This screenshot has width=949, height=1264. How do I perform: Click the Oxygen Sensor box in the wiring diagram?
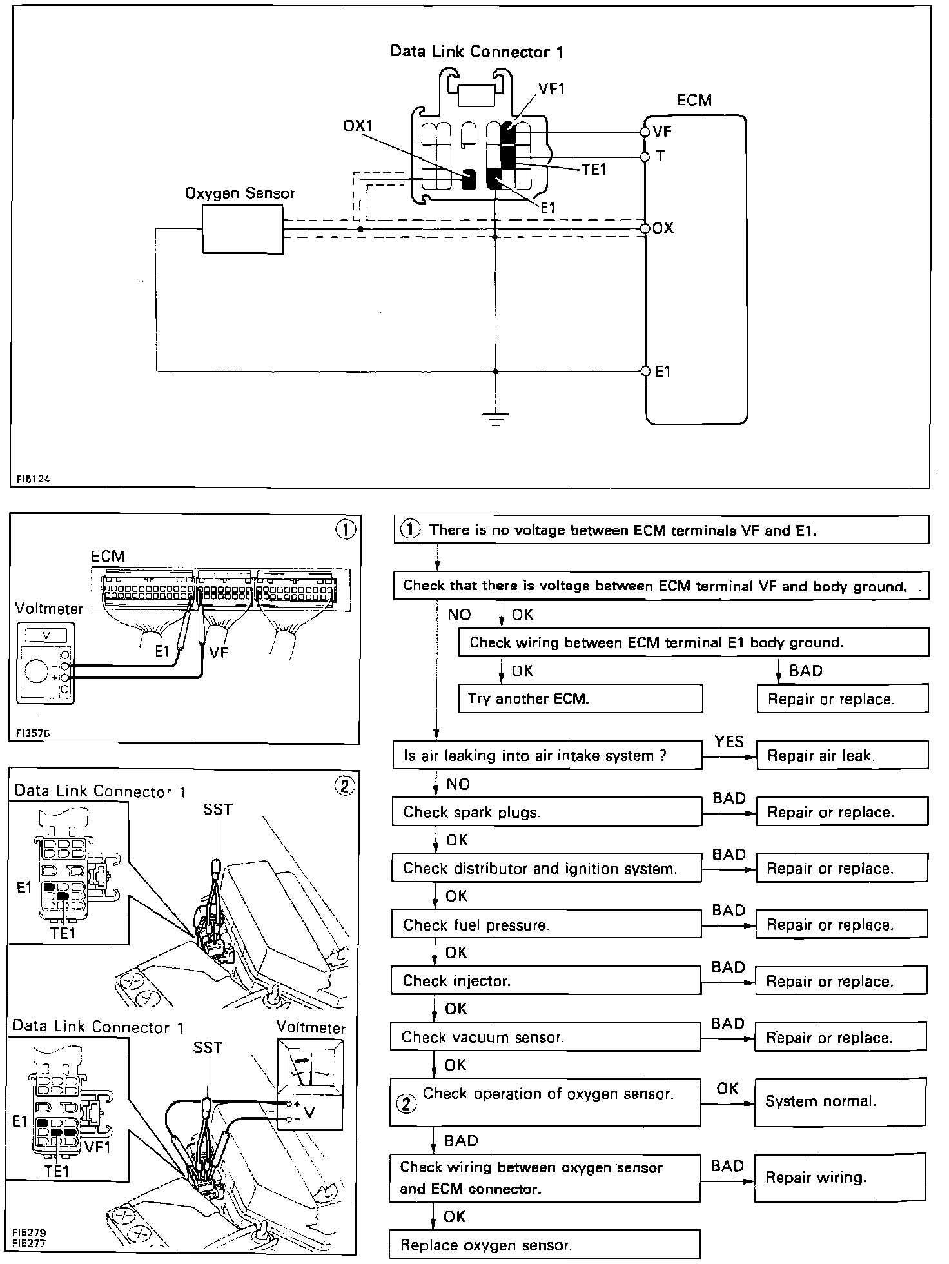click(242, 229)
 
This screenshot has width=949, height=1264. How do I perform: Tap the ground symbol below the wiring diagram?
click(495, 419)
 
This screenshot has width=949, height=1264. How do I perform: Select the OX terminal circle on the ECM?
click(645, 229)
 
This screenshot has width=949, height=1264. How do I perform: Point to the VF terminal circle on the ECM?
click(645, 132)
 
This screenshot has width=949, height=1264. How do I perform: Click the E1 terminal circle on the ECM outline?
click(645, 371)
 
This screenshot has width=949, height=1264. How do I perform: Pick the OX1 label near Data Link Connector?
click(358, 126)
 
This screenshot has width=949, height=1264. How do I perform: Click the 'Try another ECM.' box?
click(580, 698)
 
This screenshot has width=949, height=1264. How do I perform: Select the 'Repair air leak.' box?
click(841, 755)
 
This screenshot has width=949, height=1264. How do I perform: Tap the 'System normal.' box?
click(840, 1101)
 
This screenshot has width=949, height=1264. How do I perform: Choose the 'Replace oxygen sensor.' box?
click(545, 1244)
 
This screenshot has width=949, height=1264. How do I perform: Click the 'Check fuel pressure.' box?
click(546, 924)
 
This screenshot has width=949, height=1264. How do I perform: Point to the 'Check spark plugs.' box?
click(547, 812)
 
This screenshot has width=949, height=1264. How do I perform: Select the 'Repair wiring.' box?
click(840, 1178)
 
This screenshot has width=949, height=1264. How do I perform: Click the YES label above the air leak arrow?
click(729, 742)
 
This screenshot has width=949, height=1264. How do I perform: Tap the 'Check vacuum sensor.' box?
click(545, 1037)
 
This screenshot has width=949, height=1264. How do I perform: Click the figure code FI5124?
click(34, 479)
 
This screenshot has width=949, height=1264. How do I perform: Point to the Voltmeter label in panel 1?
click(49, 608)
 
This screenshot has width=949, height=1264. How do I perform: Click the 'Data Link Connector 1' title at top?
click(477, 52)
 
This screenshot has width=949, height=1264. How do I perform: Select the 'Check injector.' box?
click(545, 981)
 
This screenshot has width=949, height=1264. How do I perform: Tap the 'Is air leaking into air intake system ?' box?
click(547, 755)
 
